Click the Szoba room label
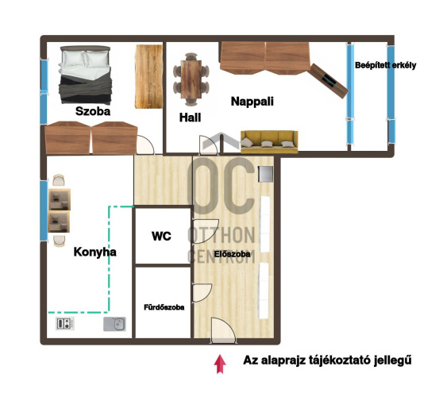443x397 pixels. [x=93, y=111]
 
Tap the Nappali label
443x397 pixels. [x=252, y=102]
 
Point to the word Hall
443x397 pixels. [x=190, y=118]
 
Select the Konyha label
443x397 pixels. [x=95, y=252]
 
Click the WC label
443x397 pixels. [x=161, y=237]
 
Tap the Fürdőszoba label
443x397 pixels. [x=164, y=307]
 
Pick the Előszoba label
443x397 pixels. [x=232, y=254]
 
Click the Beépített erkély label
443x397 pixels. [x=385, y=65]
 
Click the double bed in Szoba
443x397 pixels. [x=85, y=75]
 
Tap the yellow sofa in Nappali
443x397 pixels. [x=269, y=141]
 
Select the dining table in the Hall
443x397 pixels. [x=191, y=79]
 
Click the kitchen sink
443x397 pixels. [x=114, y=324]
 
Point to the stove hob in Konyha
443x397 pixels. [x=65, y=323]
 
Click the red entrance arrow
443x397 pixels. [x=220, y=364]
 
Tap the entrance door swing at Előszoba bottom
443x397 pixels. [x=223, y=330]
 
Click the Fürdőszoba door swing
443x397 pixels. [x=202, y=293]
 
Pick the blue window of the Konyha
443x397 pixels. [x=44, y=210]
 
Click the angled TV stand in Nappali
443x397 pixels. [x=328, y=81]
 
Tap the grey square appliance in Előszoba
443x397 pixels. [x=266, y=174]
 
